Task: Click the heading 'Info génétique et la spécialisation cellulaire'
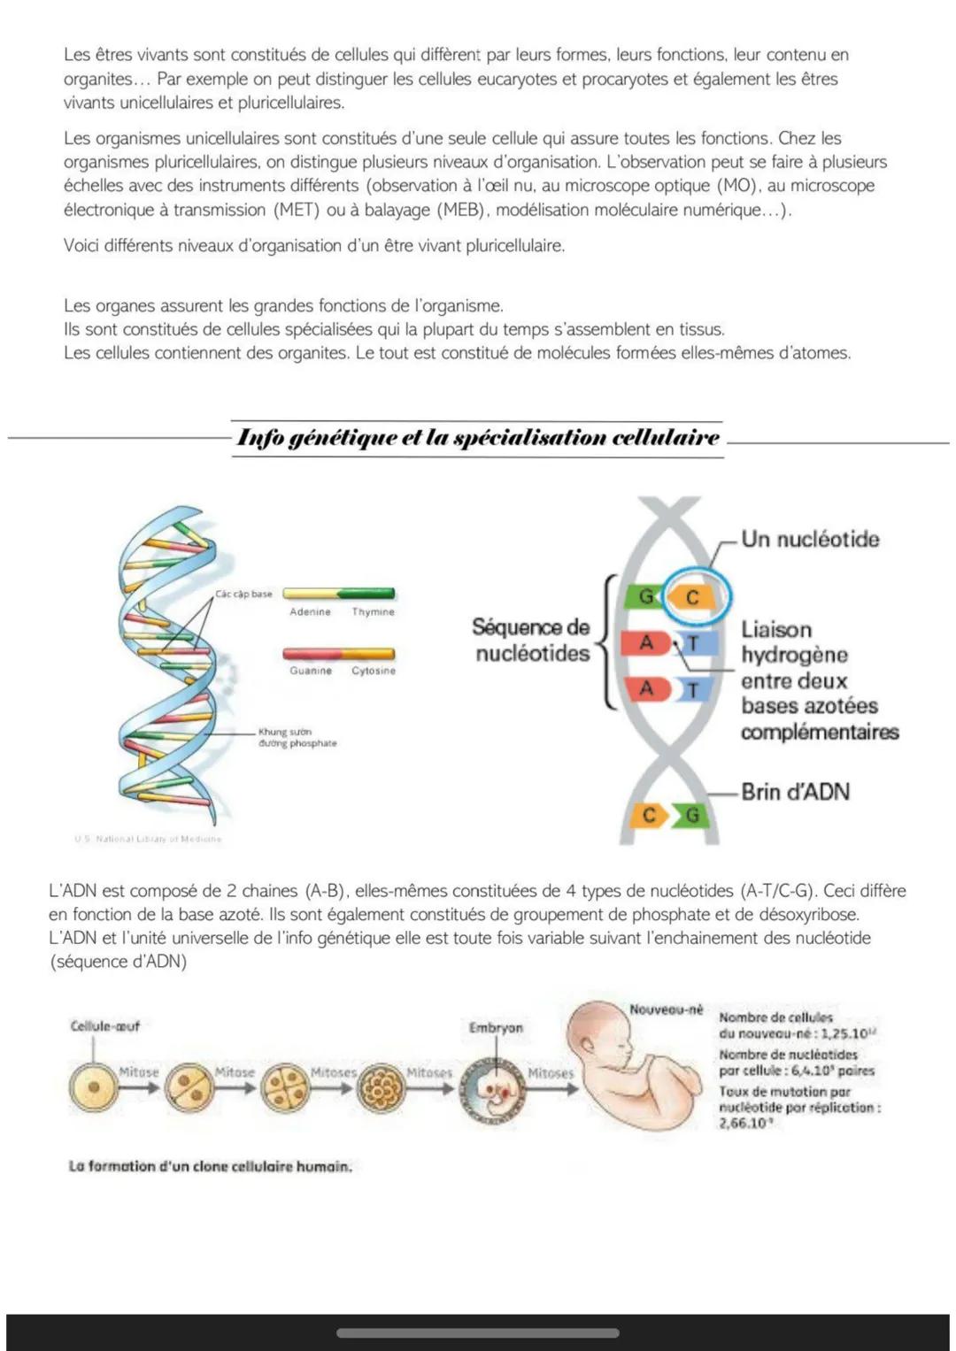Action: [478, 438]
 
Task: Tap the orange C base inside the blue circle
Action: [693, 597]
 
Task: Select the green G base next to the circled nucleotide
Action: [644, 597]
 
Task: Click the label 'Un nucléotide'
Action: [810, 539]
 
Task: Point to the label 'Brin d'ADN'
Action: [795, 791]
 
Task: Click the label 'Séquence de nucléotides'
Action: [531, 640]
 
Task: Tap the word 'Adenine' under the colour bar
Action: [310, 611]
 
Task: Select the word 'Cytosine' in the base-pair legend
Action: [374, 671]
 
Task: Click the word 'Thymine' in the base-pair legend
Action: [374, 611]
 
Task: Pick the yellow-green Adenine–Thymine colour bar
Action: [338, 594]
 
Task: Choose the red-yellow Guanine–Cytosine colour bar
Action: [338, 654]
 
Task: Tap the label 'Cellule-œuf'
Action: [104, 1026]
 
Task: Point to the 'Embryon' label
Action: [496, 1028]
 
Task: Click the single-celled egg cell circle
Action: [94, 1086]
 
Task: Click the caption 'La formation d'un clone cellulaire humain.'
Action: [210, 1166]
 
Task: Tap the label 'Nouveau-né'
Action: [666, 1009]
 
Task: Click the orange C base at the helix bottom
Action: [650, 815]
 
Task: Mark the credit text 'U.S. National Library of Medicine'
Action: [148, 839]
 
